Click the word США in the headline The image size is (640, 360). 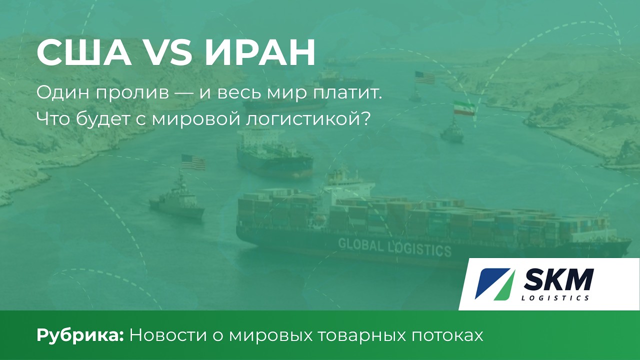coord(84,52)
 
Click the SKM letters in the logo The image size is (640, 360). coord(558,280)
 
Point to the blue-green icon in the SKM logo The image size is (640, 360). coord(494,283)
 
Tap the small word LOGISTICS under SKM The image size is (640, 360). coord(555,298)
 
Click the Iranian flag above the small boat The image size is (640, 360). coord(463,109)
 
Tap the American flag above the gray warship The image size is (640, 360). coord(193,162)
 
